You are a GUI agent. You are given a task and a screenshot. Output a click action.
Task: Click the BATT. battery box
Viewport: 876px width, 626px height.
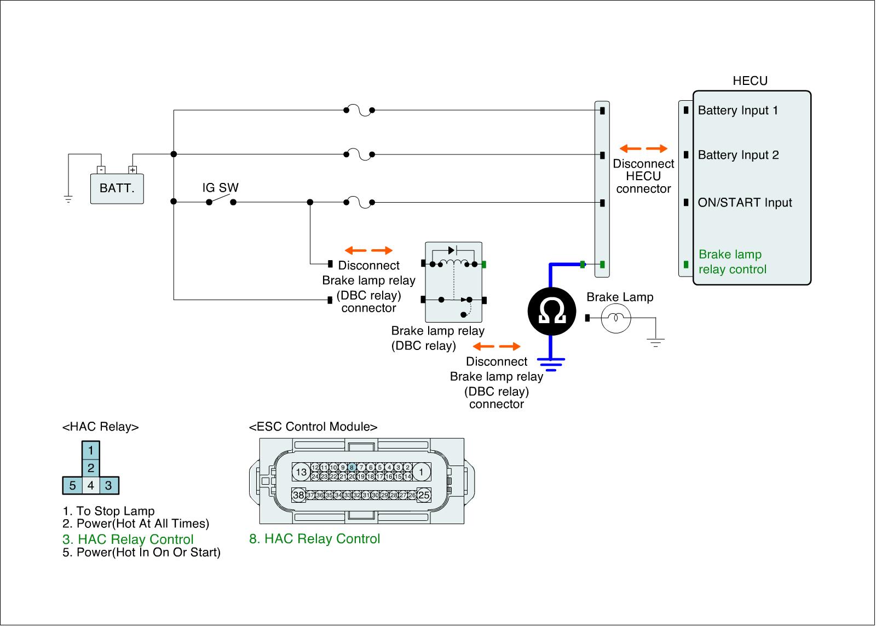click(x=117, y=188)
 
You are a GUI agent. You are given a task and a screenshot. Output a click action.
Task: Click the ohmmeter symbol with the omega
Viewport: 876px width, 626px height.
click(x=552, y=312)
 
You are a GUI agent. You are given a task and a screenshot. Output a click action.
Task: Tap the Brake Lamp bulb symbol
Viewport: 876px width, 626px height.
click(x=616, y=318)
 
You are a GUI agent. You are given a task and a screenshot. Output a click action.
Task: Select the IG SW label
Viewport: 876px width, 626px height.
click(x=221, y=188)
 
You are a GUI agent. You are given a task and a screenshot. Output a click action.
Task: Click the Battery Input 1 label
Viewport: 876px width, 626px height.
click(x=737, y=111)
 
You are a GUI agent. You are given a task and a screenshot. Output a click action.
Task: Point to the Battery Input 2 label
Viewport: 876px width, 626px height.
click(x=738, y=156)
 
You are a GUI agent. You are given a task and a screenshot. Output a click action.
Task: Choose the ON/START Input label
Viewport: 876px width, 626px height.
click(x=745, y=203)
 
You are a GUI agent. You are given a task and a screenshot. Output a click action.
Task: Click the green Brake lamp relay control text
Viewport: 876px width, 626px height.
click(x=732, y=262)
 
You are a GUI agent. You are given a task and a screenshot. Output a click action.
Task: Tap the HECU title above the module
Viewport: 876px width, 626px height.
click(x=750, y=81)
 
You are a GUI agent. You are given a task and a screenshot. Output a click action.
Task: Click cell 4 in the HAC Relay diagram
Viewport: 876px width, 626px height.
click(x=91, y=486)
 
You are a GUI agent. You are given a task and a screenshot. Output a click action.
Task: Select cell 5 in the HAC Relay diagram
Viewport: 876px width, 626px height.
click(x=72, y=486)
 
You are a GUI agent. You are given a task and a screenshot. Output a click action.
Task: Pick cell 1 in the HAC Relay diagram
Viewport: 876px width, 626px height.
click(x=91, y=451)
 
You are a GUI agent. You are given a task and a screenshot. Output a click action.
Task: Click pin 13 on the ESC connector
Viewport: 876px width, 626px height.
click(x=301, y=472)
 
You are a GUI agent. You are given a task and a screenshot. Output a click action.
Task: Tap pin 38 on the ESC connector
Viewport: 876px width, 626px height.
click(x=298, y=495)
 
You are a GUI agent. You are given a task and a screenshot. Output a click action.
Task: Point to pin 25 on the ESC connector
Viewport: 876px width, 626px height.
click(x=424, y=495)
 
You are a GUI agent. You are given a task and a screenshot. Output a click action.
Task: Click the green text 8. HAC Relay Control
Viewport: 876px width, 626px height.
click(x=314, y=539)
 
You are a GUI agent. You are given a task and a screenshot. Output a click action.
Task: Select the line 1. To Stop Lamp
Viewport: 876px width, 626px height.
click(x=108, y=512)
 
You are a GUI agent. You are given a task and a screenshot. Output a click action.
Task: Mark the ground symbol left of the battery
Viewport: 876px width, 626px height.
click(x=68, y=199)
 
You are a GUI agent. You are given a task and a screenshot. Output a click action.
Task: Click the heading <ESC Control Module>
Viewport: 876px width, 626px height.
click(x=313, y=427)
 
